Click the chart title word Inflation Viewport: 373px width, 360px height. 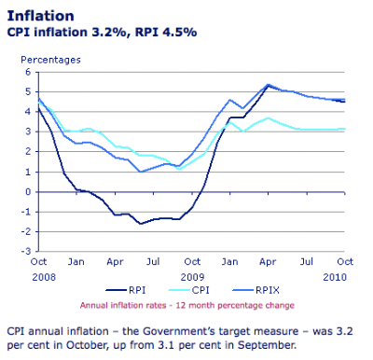tap(41, 16)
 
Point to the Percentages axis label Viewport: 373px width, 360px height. tap(50, 60)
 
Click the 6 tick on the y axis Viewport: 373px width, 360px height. tap(28, 72)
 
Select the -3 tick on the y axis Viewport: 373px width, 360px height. tap(26, 251)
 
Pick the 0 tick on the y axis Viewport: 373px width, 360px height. tap(28, 192)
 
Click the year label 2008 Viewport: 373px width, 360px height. tap(44, 277)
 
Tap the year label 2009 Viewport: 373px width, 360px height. tap(192, 277)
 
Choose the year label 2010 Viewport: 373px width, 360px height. tap(335, 277)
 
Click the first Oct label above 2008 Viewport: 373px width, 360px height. tap(38, 262)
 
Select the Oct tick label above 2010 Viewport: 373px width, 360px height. tap(345, 262)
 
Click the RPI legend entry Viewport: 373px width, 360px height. tap(126, 290)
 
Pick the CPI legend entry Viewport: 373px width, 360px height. tap(189, 290)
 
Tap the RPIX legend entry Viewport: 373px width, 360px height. tap(256, 290)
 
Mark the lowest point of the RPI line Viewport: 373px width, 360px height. tap(141, 224)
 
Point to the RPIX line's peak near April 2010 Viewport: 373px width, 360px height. tap(268, 84)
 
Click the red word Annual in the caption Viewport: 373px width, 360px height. tap(93, 305)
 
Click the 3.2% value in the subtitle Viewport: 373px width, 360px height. tap(110, 32)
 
